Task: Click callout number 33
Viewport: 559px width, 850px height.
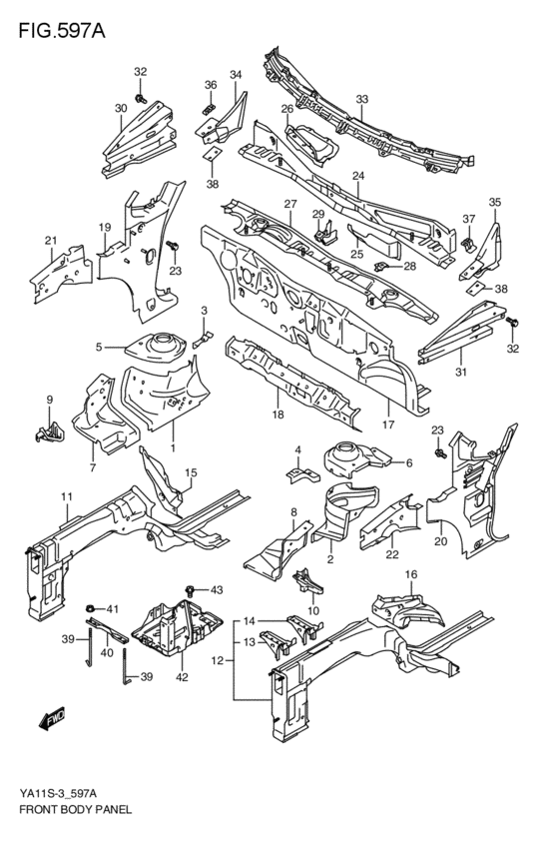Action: pyautogui.click(x=362, y=99)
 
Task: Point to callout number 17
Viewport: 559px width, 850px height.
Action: pyautogui.click(x=388, y=424)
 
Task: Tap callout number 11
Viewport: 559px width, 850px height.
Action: pyautogui.click(x=67, y=496)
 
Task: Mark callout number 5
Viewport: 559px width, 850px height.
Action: pyautogui.click(x=99, y=347)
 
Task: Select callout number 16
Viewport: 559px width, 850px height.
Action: pyautogui.click(x=410, y=575)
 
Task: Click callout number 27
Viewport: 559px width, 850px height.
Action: pyautogui.click(x=290, y=204)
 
